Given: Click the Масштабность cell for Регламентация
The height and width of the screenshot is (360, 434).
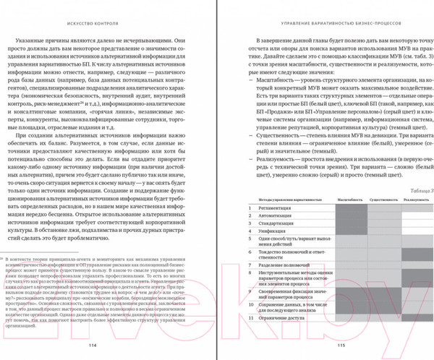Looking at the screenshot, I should click(350, 208).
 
